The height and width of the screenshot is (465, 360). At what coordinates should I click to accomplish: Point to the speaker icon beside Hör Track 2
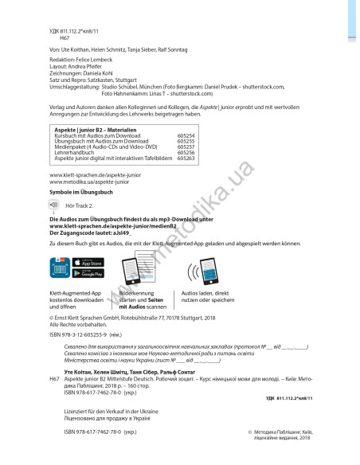(53, 204)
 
